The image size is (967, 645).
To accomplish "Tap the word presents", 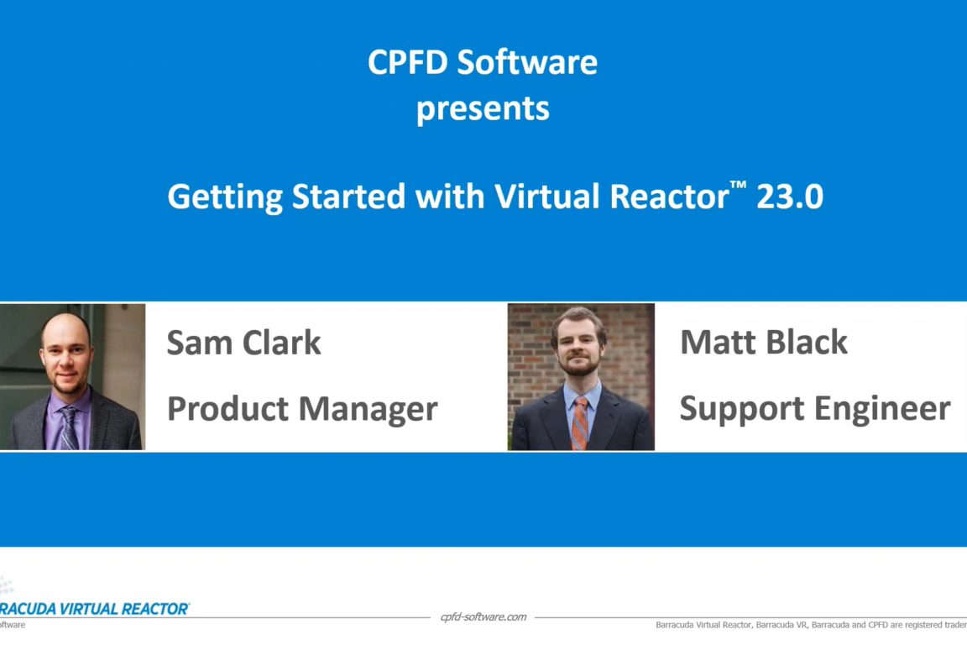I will tap(483, 108).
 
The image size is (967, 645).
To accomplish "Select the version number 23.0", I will tap(789, 197).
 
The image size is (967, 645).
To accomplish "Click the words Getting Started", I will tap(285, 197).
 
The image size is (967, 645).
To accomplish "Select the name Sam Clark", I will tap(243, 343).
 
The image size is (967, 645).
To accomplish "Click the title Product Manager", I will tap(302, 409).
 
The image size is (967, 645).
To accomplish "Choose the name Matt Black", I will tap(763, 342).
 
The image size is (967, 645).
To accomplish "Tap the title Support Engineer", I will tap(814, 408).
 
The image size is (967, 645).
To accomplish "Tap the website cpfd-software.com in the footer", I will tap(483, 617).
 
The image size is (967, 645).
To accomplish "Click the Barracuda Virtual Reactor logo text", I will tap(94, 609).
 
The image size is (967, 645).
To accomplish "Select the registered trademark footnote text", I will tap(810, 625).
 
